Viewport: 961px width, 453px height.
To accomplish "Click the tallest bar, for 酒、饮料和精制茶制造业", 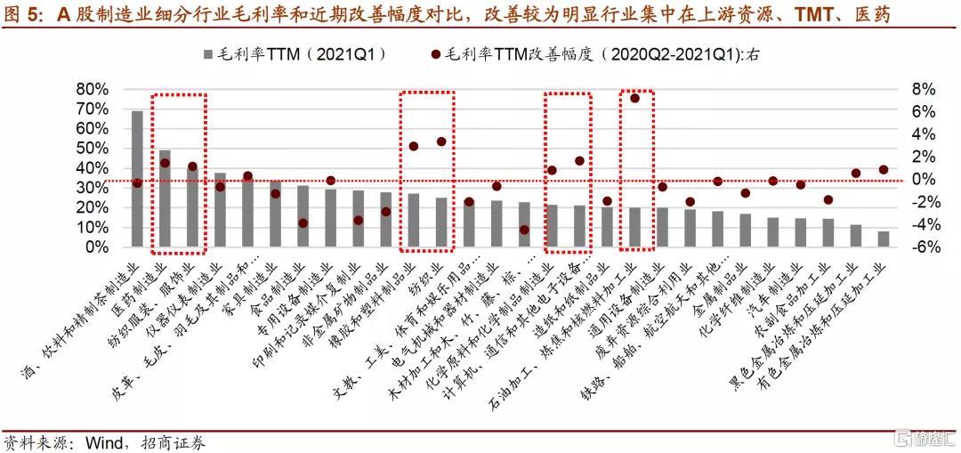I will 137,178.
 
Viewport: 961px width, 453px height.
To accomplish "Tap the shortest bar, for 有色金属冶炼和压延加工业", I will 883,239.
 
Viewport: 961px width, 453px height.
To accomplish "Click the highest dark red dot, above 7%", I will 634,98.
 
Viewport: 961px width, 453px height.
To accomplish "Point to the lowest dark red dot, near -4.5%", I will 524,230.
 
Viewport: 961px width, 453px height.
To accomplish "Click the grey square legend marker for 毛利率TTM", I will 208,54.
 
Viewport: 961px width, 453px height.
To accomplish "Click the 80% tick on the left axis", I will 92,89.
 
